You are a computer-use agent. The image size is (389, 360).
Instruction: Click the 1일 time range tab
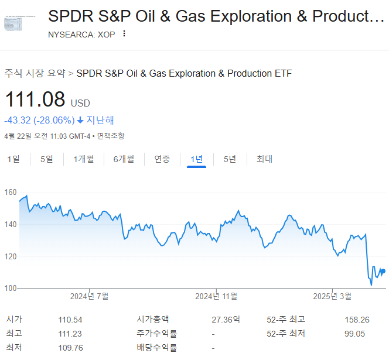13,159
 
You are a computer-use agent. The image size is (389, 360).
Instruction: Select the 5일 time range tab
46,159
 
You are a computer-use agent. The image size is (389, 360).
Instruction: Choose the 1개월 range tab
84,159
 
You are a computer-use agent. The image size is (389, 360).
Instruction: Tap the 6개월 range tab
124,159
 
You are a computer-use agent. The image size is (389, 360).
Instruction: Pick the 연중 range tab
162,159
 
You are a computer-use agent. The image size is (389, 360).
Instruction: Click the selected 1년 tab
197,159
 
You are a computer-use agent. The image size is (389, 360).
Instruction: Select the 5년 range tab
230,159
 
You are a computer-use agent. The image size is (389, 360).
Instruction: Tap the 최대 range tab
264,159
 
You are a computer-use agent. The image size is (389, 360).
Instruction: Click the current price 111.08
35,100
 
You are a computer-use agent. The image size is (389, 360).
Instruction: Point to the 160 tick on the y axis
11,193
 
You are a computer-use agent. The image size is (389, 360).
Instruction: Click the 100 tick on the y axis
11,288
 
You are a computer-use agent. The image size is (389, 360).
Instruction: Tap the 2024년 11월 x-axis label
216,296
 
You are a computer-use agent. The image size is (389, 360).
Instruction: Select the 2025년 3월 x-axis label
332,296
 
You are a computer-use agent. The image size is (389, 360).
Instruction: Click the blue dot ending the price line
383,271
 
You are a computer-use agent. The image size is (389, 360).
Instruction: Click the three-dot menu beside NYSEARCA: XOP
124,33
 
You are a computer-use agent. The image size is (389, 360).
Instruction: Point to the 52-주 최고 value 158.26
357,320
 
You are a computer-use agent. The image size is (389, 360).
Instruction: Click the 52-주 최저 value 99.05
355,334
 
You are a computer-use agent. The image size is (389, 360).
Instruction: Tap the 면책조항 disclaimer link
111,136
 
